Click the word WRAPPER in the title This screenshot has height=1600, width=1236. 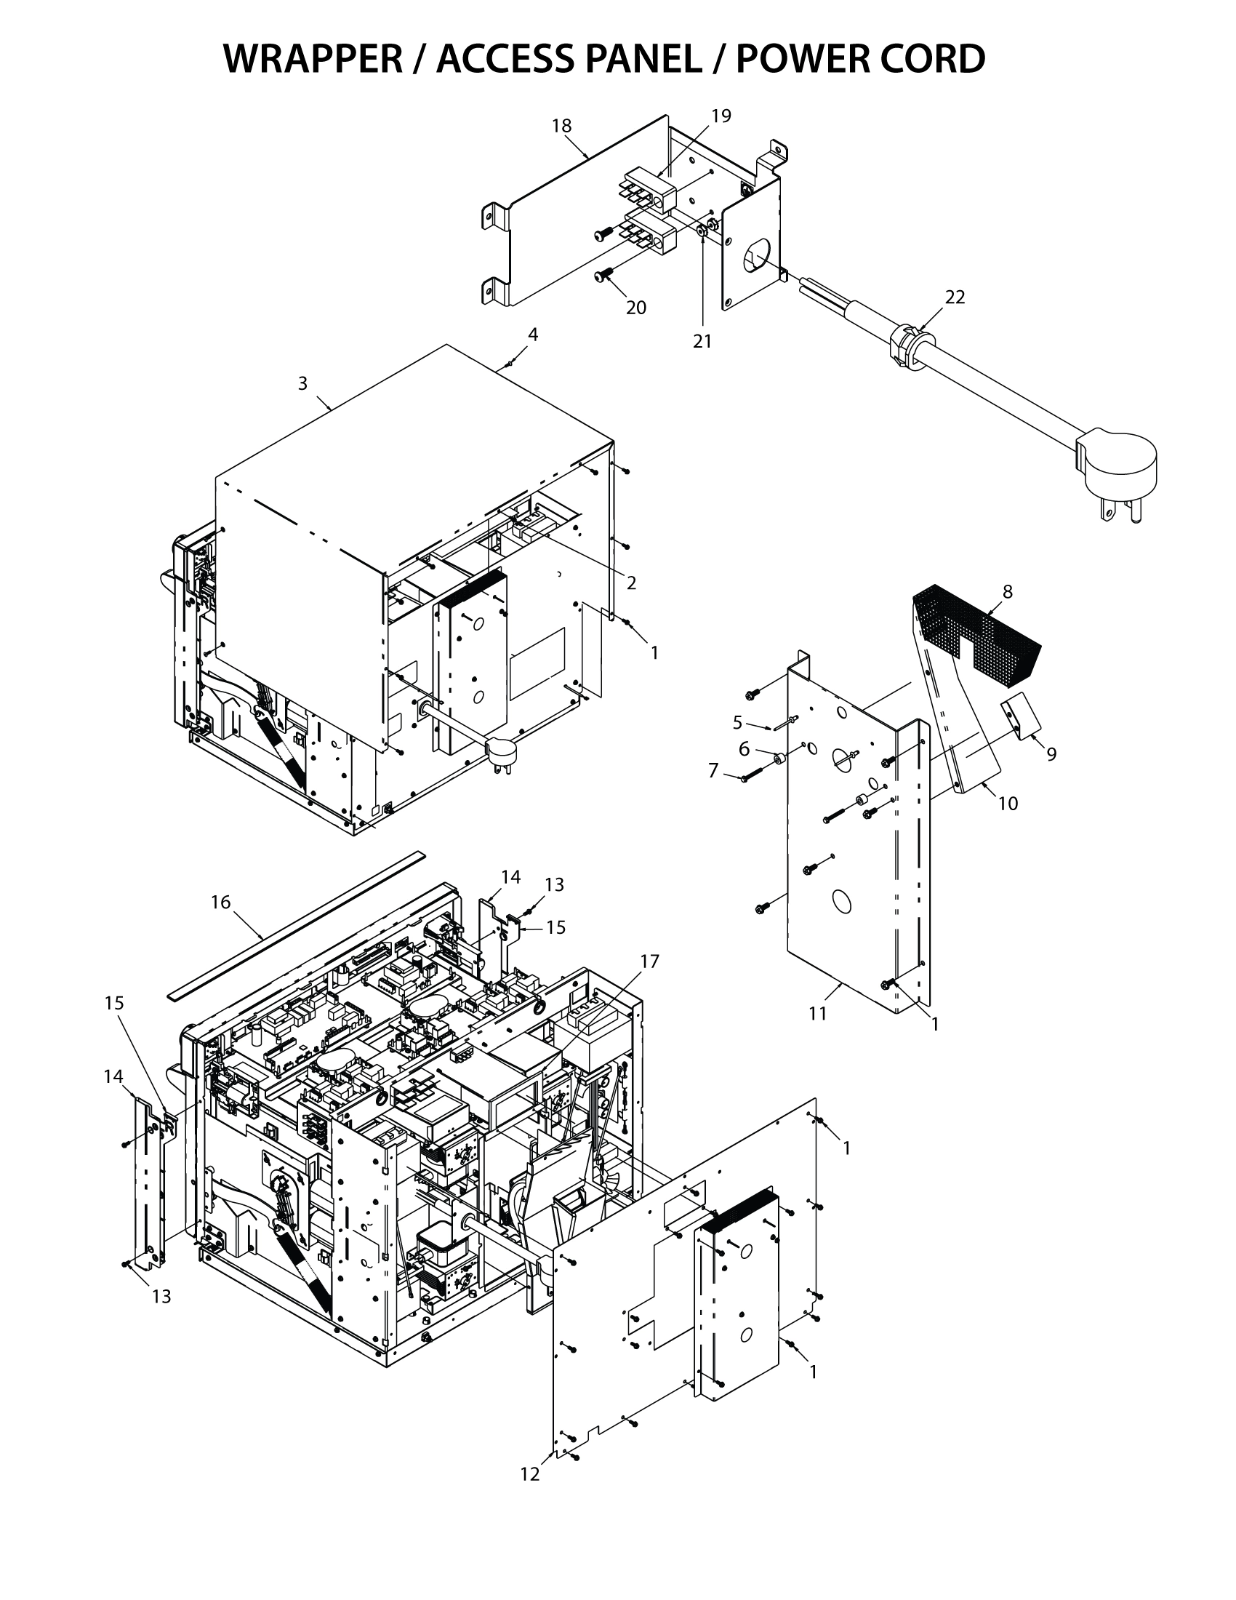[x=313, y=59]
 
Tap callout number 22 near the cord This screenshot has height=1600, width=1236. [x=955, y=297]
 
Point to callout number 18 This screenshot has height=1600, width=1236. [x=561, y=126]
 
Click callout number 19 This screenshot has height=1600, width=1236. [x=721, y=116]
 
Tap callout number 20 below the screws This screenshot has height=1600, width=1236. [x=635, y=308]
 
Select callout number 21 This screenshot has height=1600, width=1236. [x=702, y=340]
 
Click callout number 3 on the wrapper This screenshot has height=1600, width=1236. [x=302, y=383]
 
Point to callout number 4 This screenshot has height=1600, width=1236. [x=533, y=335]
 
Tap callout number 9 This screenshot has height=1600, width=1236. [x=1051, y=754]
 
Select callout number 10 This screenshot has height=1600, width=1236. [x=1008, y=804]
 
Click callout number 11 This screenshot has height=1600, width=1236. [x=818, y=1013]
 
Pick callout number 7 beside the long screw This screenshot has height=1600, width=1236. [x=713, y=771]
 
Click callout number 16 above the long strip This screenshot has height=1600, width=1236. [x=220, y=903]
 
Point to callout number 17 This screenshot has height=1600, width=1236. [x=649, y=961]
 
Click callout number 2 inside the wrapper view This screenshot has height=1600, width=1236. [x=630, y=583]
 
